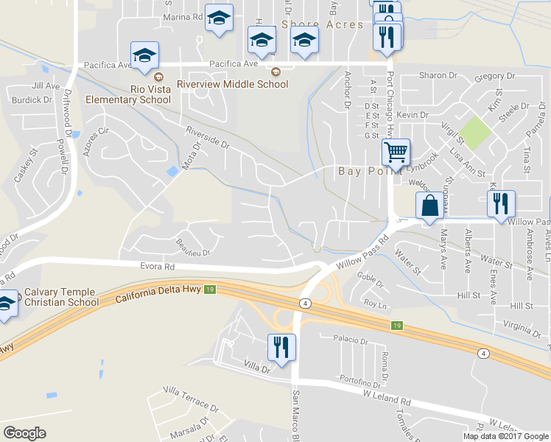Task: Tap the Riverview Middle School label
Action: (237, 84)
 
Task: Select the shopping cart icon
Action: (396, 154)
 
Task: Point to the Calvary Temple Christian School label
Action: (61, 297)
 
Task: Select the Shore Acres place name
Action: (323, 24)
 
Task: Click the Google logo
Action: (24, 432)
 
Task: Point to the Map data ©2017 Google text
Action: (506, 436)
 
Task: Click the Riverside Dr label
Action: (208, 137)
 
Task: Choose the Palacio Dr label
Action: (349, 341)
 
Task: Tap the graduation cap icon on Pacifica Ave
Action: (144, 55)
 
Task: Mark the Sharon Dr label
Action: (438, 75)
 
